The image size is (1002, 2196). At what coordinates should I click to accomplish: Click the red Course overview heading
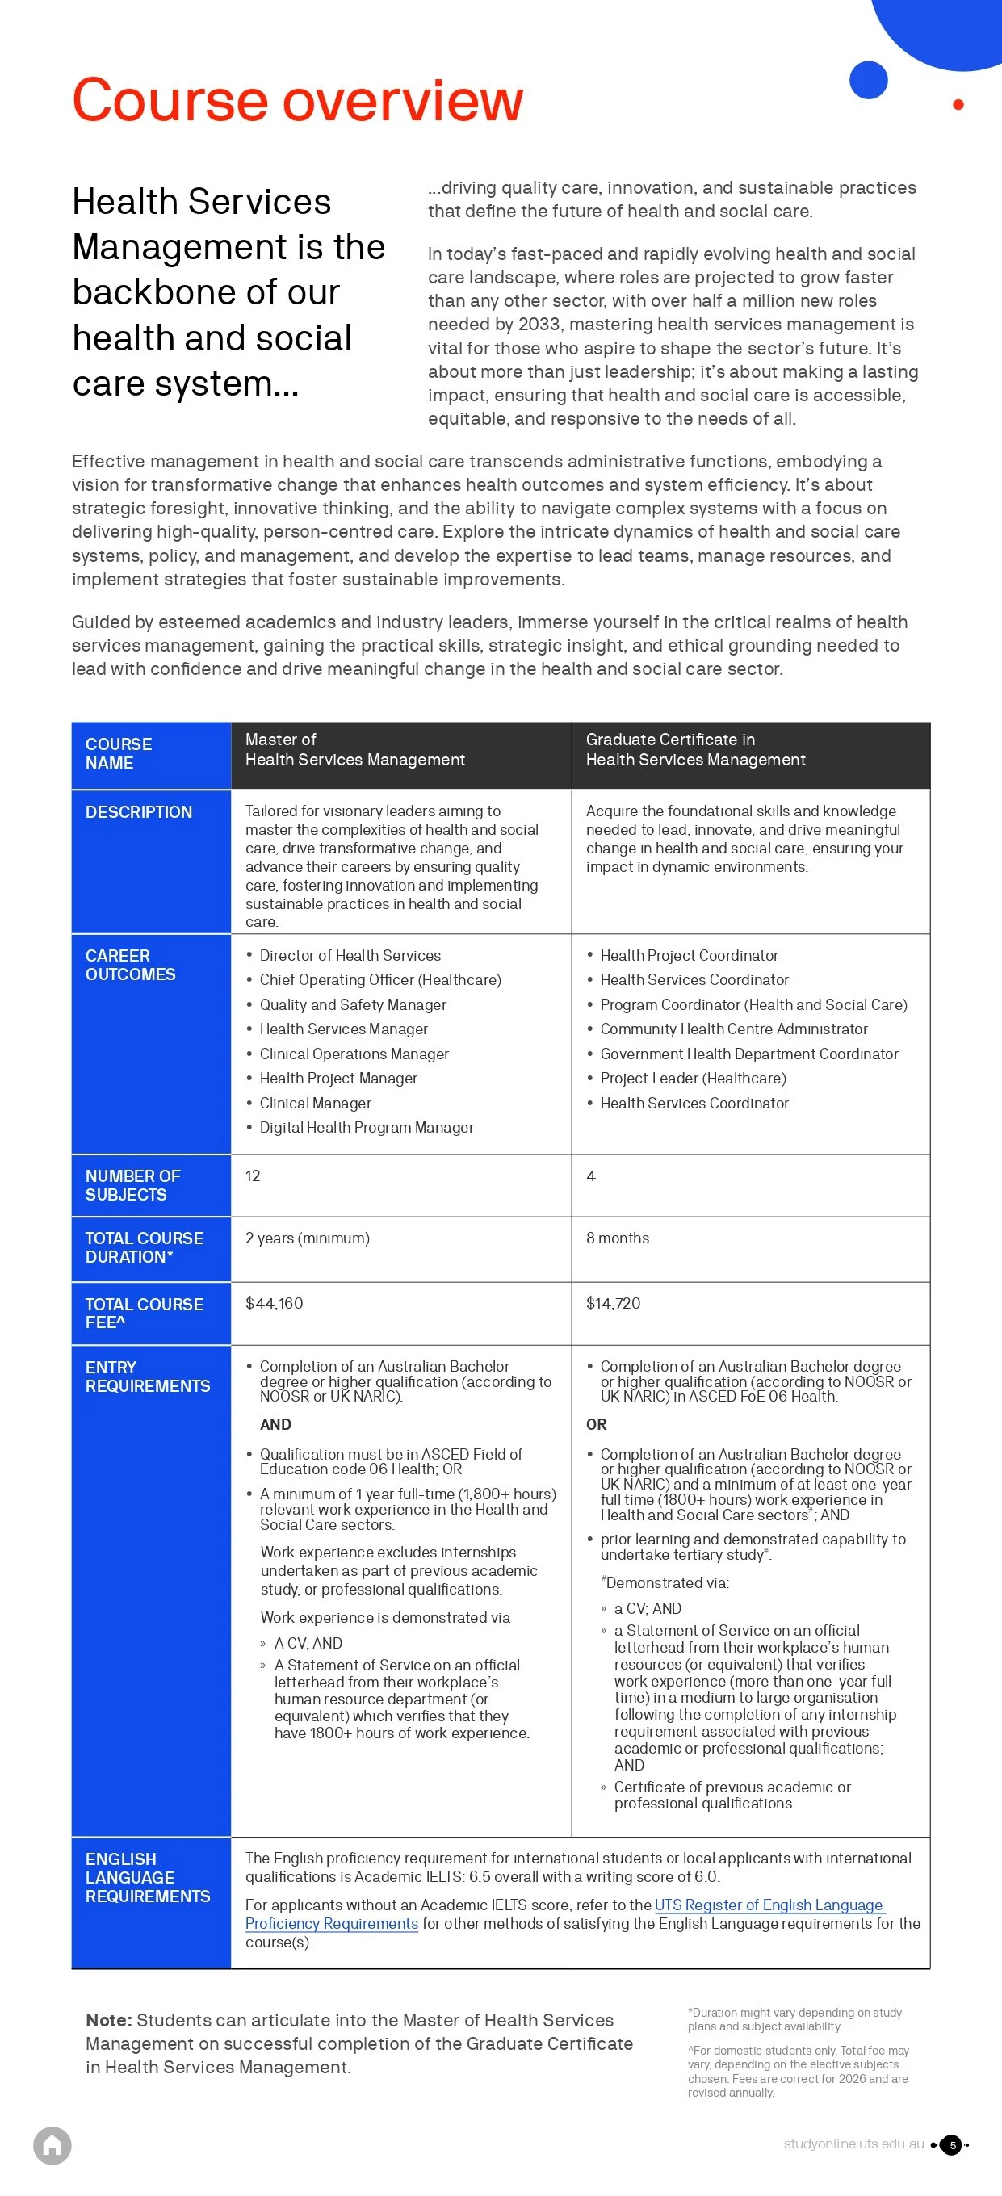pos(297,101)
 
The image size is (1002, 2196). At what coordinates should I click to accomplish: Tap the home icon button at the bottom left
pos(52,2145)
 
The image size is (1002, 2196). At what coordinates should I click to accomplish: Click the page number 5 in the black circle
pos(953,2145)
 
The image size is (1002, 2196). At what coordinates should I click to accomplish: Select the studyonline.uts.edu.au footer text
pos(853,2144)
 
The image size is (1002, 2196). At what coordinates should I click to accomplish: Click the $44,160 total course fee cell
pos(274,1303)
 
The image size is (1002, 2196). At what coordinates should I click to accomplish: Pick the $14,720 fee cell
pos(612,1303)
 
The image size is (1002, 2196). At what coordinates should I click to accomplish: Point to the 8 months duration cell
pos(618,1238)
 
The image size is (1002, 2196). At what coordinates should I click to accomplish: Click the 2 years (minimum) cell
pos(307,1238)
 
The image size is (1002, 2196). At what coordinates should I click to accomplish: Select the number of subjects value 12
pos(253,1176)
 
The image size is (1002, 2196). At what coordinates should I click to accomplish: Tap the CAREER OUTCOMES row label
pos(130,965)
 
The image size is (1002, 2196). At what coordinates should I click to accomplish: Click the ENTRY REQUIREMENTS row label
pos(147,1377)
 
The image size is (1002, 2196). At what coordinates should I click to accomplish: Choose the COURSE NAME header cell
pos(119,753)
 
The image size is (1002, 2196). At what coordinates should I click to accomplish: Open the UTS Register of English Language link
pos(768,1905)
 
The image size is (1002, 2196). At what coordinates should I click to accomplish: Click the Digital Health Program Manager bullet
pos(366,1127)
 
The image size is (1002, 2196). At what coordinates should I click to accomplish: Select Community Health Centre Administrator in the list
pos(733,1029)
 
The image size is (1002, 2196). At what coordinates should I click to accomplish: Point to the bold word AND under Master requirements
pos(275,1424)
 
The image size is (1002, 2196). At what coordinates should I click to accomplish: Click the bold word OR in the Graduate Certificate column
pos(596,1424)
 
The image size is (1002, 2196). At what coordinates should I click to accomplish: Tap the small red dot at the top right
pos(958,105)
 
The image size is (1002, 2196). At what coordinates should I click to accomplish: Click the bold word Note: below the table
pos(108,2020)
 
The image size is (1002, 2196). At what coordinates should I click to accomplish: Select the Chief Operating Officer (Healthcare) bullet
pos(379,979)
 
